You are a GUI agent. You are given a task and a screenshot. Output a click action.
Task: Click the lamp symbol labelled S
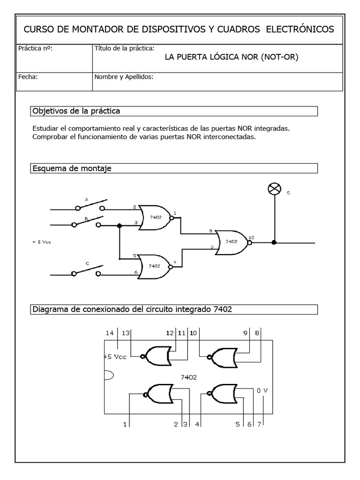273,188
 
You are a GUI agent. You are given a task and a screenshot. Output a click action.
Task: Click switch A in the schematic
89,204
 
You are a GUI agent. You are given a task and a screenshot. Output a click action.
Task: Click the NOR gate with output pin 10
231,242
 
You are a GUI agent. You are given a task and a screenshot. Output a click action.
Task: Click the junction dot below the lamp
274,242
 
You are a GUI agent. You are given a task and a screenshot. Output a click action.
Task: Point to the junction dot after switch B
120,226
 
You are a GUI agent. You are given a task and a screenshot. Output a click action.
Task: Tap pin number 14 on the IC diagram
110,333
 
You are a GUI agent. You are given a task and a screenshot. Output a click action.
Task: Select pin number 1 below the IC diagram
125,424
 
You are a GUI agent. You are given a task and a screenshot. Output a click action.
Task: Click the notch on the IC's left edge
107,375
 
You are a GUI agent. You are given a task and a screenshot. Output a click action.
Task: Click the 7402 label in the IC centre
189,376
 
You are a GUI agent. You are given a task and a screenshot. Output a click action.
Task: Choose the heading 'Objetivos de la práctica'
76,111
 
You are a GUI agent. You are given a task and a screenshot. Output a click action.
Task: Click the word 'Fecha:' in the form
28,77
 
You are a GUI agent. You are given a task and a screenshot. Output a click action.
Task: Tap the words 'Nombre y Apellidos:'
124,77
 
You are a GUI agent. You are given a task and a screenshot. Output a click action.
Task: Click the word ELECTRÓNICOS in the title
300,30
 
